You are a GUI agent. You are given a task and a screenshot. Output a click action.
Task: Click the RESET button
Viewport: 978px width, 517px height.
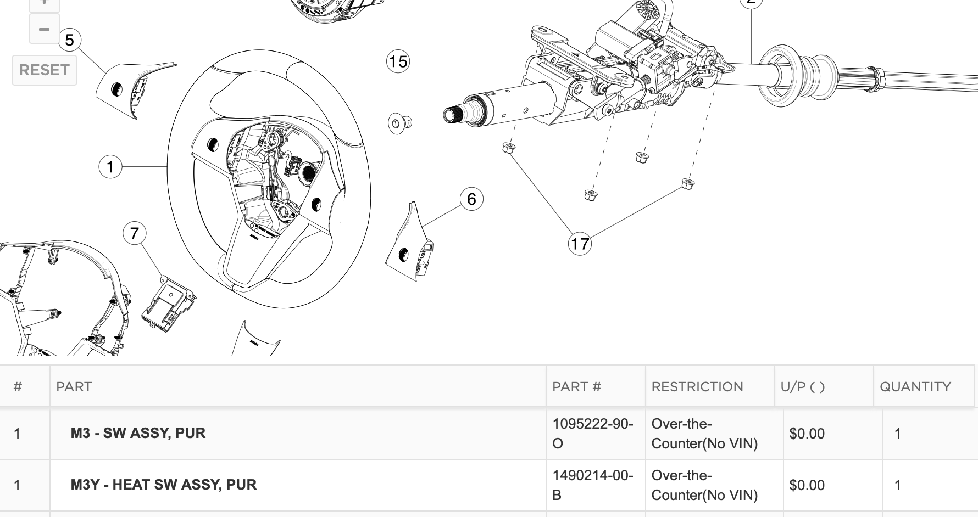coord(44,70)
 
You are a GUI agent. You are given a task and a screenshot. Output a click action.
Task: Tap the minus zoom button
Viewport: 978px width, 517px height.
coord(44,29)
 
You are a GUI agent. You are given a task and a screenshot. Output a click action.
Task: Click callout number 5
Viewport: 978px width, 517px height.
coord(69,40)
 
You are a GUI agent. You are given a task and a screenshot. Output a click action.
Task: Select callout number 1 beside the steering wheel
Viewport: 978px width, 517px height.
coord(110,166)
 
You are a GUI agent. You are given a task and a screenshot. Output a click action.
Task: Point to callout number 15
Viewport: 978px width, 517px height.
coord(398,61)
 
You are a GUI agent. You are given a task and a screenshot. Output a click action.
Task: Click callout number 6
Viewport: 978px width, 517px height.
coord(471,199)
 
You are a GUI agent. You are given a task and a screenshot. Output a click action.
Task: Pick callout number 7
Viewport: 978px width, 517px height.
coord(135,233)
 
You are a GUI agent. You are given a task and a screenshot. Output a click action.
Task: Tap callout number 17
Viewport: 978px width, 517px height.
coord(580,244)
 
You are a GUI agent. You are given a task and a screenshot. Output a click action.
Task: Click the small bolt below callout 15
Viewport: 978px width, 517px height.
coord(399,123)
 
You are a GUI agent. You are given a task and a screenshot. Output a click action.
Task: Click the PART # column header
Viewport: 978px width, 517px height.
coord(576,387)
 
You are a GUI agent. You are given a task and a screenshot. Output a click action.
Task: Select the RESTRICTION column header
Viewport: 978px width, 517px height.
coord(697,387)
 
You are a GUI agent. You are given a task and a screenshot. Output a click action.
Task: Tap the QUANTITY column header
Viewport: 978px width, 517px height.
coord(915,387)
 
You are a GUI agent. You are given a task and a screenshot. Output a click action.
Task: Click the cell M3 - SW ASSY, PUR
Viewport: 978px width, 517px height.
coord(138,433)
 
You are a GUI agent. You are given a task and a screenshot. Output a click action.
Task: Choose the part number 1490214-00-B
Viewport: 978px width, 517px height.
coord(592,485)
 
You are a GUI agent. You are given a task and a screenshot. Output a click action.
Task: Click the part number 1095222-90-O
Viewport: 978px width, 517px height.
coord(592,434)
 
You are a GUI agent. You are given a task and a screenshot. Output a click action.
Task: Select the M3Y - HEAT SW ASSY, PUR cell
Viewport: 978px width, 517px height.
coord(163,485)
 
